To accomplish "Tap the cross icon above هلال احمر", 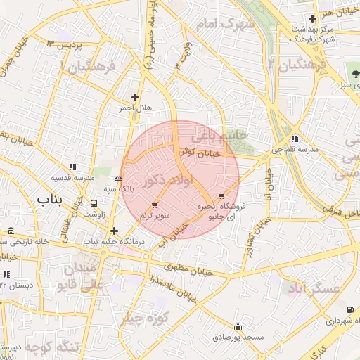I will point(135,97).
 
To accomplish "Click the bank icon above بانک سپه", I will point(117,178).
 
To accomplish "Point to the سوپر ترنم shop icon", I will point(155,205).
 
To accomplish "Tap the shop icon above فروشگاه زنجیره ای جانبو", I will point(222,195).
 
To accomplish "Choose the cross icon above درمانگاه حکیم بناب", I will point(113,230).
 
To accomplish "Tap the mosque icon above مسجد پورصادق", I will point(238,326).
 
